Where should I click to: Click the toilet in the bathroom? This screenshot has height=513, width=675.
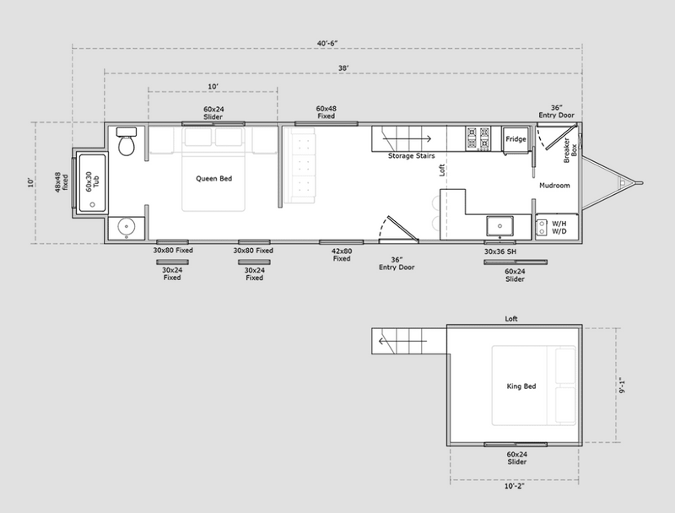point(127,142)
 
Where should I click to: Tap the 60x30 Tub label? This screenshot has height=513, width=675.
point(92,181)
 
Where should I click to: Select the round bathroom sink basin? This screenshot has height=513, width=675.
point(127,225)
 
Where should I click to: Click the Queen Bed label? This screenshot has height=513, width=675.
point(214,179)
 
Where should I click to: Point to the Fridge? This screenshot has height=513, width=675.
point(516,139)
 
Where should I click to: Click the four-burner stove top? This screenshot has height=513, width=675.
point(478,138)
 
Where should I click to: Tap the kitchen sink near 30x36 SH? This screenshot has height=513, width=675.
point(499,226)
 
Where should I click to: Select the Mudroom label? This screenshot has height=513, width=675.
point(554,186)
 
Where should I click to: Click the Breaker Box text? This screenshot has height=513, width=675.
point(570,150)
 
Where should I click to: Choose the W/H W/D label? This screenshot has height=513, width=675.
point(559,228)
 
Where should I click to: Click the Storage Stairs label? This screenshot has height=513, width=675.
point(411,156)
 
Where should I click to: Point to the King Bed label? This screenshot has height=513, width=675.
point(521,386)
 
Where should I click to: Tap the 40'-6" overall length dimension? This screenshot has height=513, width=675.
point(327,43)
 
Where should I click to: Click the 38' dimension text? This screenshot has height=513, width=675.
point(343,68)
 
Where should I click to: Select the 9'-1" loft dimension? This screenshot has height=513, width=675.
point(622,386)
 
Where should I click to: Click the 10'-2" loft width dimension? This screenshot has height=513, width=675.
point(515,486)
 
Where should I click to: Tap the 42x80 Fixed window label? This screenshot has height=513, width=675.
point(342,255)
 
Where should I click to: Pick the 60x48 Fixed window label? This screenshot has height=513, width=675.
point(327,112)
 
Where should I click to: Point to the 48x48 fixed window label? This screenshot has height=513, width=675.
point(61,182)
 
